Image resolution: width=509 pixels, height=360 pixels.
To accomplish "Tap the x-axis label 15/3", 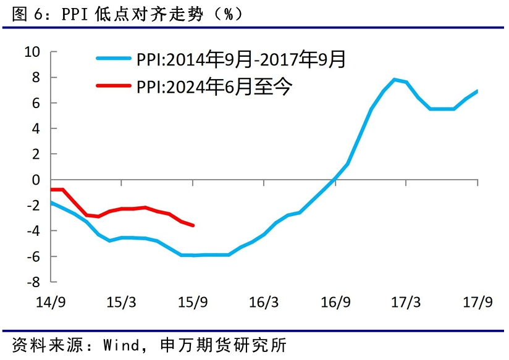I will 122,303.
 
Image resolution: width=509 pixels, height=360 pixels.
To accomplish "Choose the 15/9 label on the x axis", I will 193,303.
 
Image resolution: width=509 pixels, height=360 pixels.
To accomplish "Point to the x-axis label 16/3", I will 264,303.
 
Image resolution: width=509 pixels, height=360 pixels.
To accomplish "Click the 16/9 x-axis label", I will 335,303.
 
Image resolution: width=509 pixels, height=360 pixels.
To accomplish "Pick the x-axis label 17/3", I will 406,303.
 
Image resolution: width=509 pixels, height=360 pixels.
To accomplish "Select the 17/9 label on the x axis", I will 477,303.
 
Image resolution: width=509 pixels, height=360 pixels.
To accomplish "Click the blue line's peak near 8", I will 394,80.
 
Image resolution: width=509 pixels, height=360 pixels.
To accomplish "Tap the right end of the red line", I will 193,225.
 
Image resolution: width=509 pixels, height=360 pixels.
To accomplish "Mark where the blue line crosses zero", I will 334,180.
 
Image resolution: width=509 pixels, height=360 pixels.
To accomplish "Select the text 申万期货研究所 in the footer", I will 222,343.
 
